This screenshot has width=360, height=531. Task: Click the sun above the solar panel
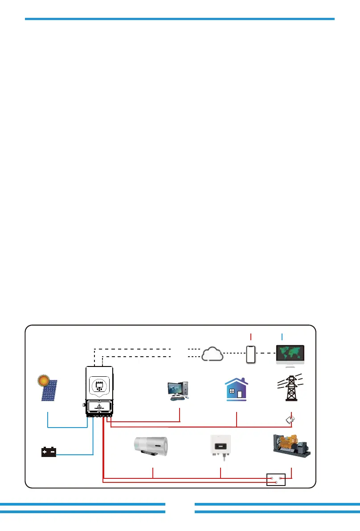(43, 382)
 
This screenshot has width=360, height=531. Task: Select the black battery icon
(49, 452)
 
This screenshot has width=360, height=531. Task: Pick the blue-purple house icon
(237, 389)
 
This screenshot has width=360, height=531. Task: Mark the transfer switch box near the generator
(275, 479)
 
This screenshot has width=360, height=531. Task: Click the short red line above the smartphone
(251, 337)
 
